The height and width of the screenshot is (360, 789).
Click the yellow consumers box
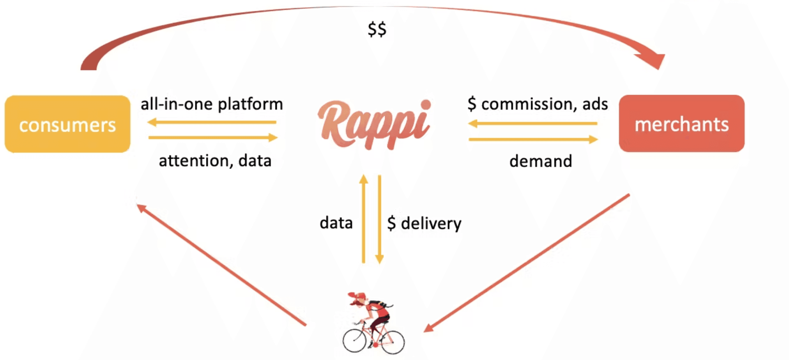(67, 124)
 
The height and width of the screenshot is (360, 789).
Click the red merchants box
(681, 124)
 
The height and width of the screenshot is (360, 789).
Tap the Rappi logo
(374, 124)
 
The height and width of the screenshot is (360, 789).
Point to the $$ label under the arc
(377, 30)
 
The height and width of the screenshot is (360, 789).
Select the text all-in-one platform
(212, 104)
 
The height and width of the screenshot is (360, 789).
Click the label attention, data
(215, 161)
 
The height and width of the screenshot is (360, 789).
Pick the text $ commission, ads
(537, 104)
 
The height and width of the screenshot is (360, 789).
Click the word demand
(541, 161)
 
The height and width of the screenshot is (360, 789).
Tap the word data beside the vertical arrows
(336, 223)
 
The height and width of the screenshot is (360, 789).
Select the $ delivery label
(424, 224)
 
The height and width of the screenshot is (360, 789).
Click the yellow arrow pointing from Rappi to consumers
(212, 122)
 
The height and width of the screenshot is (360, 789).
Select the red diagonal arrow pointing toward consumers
(221, 264)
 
